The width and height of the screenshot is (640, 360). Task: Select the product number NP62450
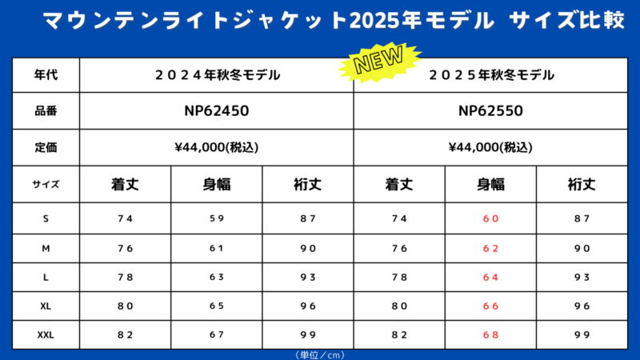point(217,111)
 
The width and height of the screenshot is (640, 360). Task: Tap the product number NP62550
point(490,111)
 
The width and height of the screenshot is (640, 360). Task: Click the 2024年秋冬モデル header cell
point(217,76)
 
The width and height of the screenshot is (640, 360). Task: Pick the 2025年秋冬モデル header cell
point(490,76)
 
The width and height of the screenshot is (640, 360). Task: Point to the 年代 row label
point(46,76)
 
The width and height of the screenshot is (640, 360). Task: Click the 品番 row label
point(46,111)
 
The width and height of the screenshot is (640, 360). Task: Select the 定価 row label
point(46,147)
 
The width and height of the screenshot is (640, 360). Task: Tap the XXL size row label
point(46,335)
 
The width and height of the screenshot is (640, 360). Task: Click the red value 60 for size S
point(490,218)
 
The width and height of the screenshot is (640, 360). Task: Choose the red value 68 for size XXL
point(490,335)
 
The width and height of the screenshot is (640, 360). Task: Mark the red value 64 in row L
point(490,277)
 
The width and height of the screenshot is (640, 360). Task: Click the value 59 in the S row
point(217,218)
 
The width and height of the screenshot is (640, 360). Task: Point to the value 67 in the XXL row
point(217,335)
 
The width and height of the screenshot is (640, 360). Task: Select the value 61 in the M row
point(217,248)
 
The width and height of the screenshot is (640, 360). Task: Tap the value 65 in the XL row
point(217,306)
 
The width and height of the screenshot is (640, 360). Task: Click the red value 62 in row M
point(490,248)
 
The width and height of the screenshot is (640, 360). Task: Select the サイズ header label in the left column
point(46,184)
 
